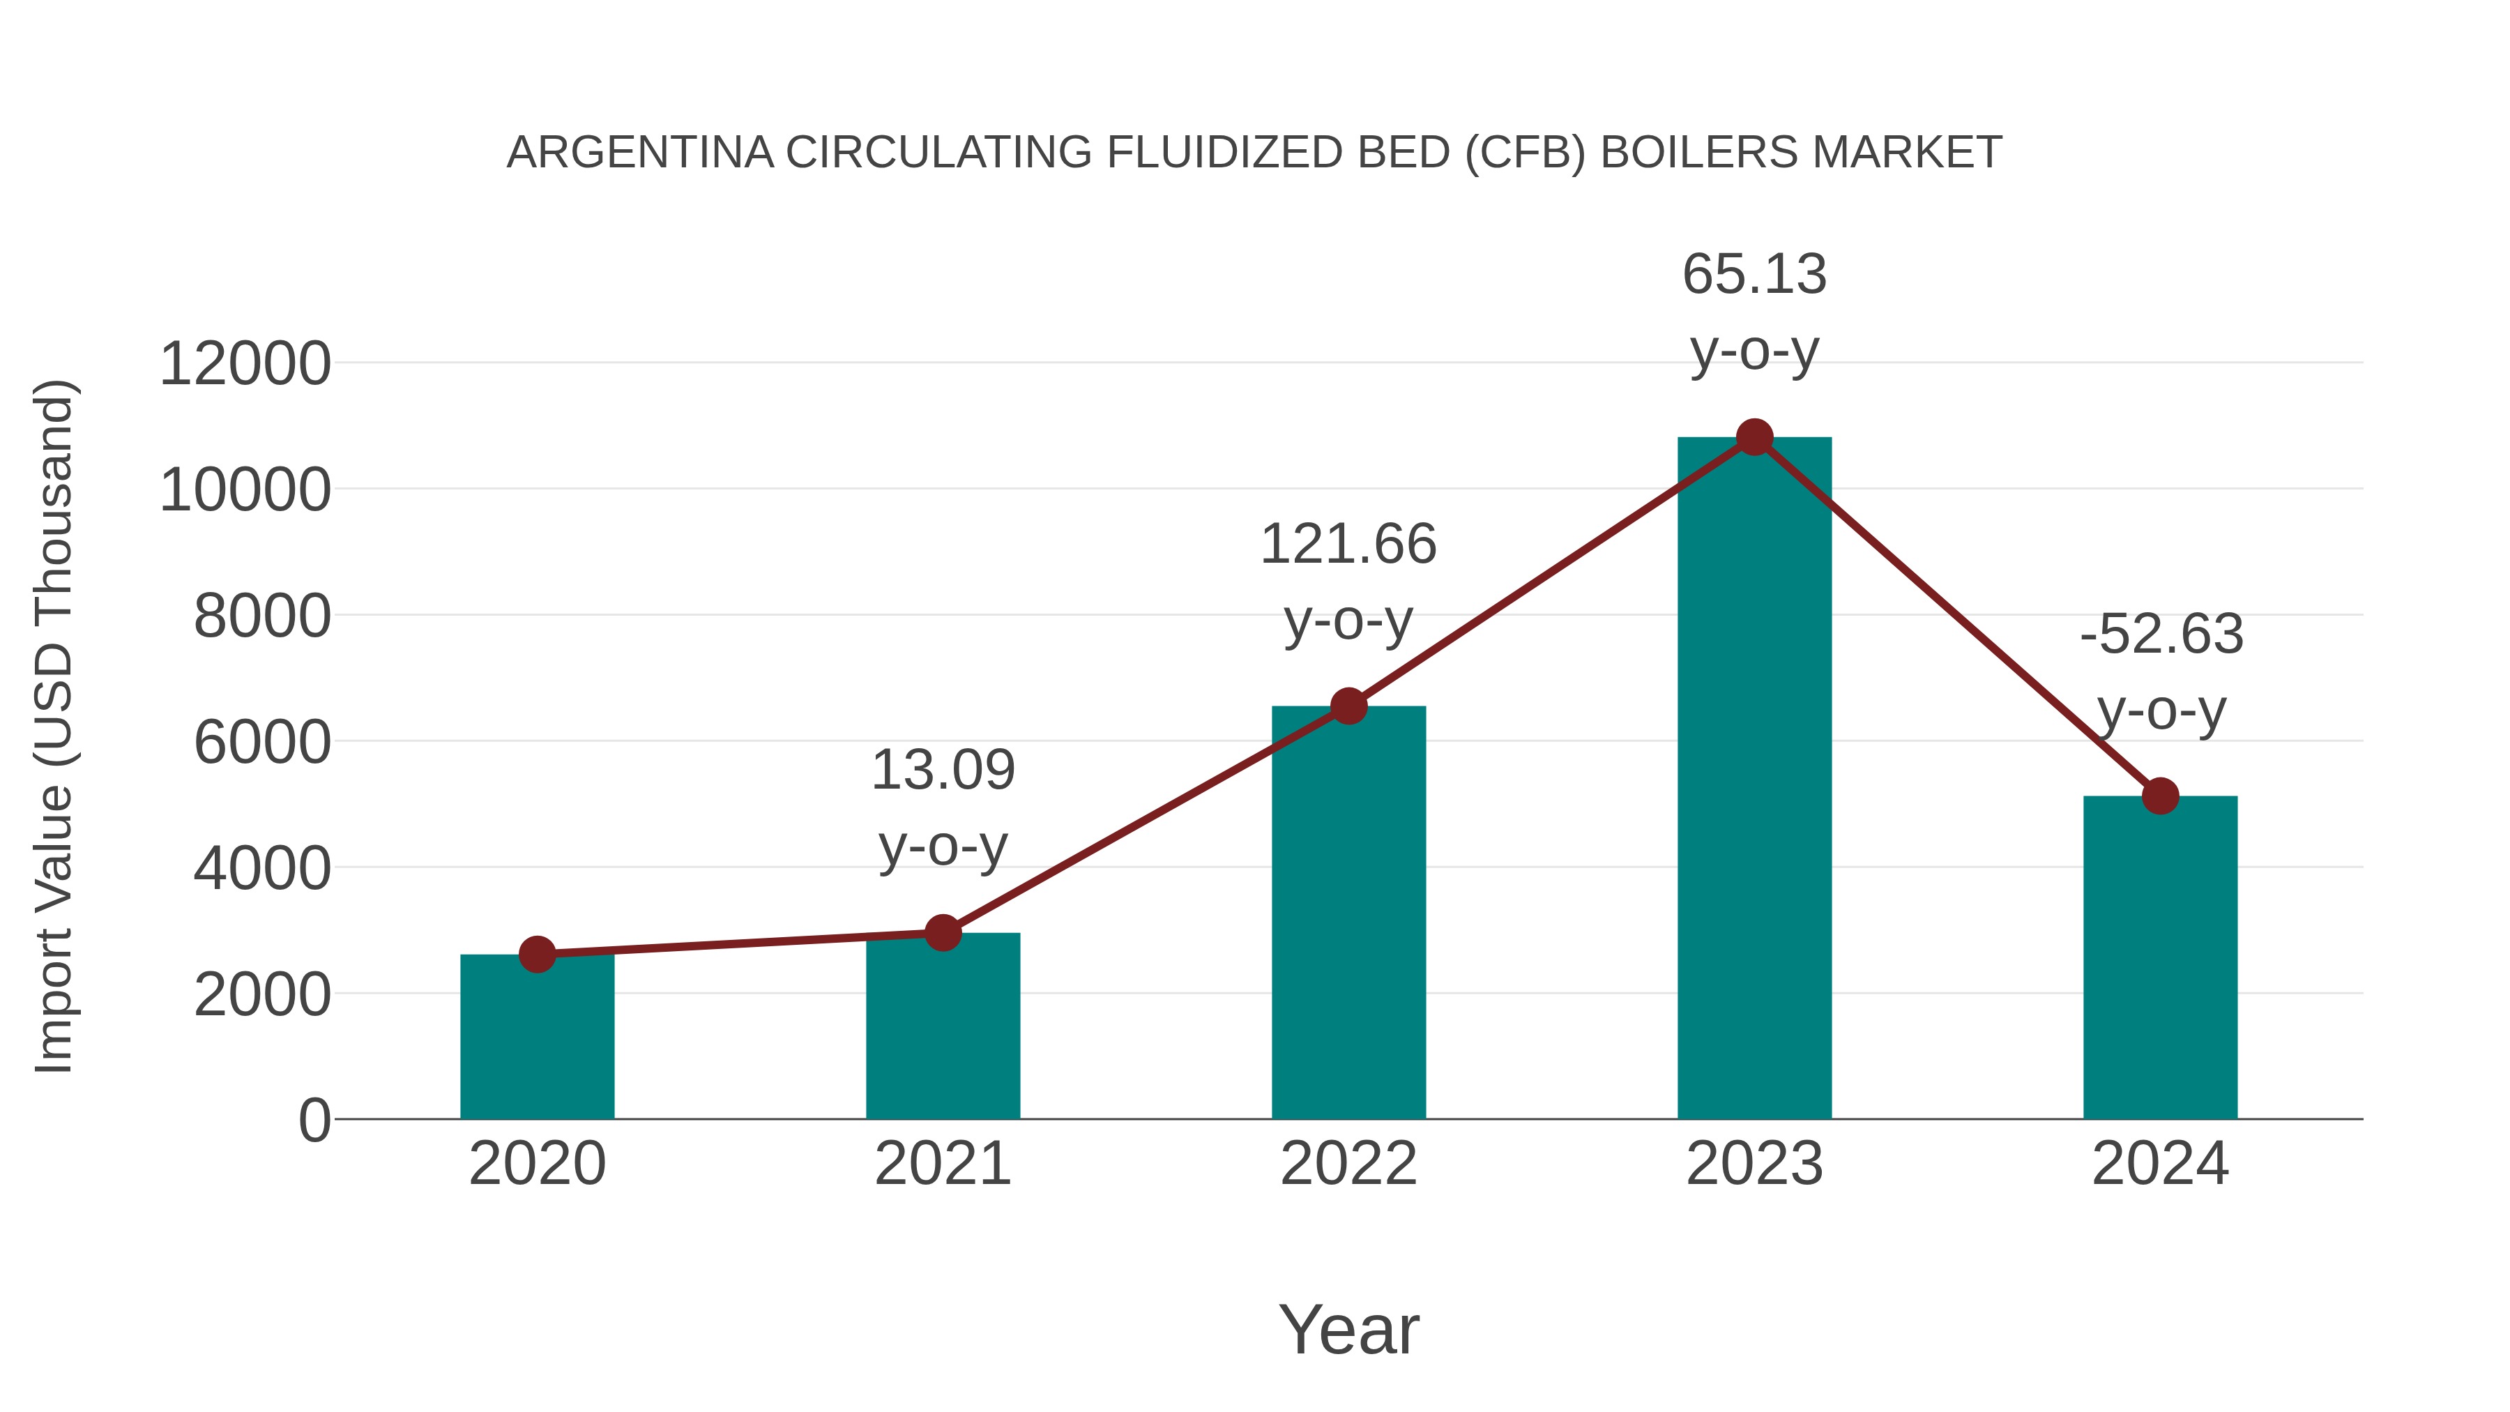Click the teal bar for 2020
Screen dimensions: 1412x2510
point(537,1042)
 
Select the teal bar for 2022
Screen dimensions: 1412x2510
point(1348,916)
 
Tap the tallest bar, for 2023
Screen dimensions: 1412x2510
point(1754,780)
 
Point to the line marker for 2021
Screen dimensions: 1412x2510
point(942,932)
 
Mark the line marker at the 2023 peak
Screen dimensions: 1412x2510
point(1754,437)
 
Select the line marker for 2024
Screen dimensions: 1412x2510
point(2160,796)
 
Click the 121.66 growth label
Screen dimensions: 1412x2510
point(1348,544)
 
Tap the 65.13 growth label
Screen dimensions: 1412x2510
point(1754,274)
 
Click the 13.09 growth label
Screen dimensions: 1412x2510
point(942,770)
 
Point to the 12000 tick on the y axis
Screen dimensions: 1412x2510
point(245,365)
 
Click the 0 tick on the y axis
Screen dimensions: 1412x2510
point(314,1121)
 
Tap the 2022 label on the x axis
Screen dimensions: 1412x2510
point(1348,1164)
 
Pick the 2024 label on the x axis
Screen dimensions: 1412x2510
point(2160,1164)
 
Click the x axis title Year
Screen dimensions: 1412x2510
point(1348,1329)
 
